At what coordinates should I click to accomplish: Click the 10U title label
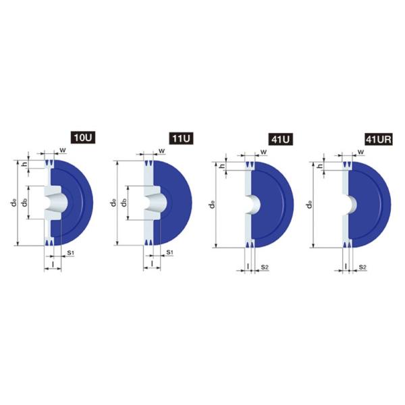[x=83, y=138]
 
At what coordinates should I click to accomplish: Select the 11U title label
[x=181, y=138]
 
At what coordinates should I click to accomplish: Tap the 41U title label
[x=281, y=140]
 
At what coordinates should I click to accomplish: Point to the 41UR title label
[x=379, y=140]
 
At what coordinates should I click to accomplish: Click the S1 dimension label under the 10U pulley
[x=70, y=253]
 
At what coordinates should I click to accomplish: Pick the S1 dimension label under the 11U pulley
[x=169, y=252]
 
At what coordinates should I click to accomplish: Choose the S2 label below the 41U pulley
[x=265, y=267]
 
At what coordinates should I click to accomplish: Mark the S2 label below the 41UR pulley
[x=362, y=267]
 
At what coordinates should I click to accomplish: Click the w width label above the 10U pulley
[x=63, y=150]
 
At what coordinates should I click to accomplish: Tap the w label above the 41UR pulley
[x=361, y=152]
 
